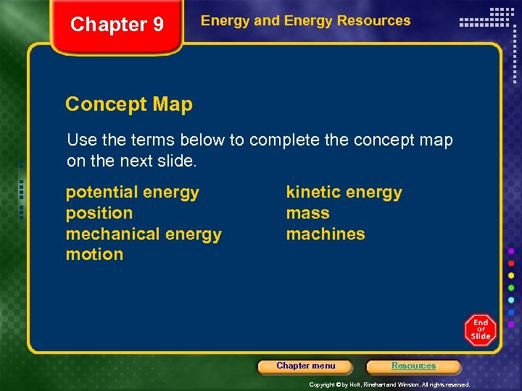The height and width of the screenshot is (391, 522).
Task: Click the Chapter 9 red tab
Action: click(116, 27)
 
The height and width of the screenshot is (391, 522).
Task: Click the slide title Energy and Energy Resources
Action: click(305, 21)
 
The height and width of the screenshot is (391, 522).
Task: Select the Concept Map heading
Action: click(129, 104)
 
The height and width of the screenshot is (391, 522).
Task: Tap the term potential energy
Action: click(132, 192)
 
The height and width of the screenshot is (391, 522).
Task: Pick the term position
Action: click(99, 213)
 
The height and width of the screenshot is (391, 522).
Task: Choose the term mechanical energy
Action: click(144, 234)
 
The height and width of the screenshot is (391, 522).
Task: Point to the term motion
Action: click(94, 254)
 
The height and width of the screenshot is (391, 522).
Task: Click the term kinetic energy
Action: click(344, 192)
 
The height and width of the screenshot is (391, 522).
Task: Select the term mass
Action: click(307, 213)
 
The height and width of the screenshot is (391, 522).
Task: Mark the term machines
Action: click(326, 234)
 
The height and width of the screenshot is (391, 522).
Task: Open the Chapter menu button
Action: click(305, 366)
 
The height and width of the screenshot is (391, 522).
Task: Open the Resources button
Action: click(413, 366)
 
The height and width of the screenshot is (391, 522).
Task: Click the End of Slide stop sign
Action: click(480, 329)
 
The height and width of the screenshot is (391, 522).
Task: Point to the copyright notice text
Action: click(389, 384)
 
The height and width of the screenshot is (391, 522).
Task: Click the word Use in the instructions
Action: click(80, 140)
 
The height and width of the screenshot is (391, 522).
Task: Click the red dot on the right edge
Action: click(511, 263)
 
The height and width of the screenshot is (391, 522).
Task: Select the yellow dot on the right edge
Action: click(511, 275)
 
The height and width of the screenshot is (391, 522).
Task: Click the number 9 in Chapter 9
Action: click(157, 25)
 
